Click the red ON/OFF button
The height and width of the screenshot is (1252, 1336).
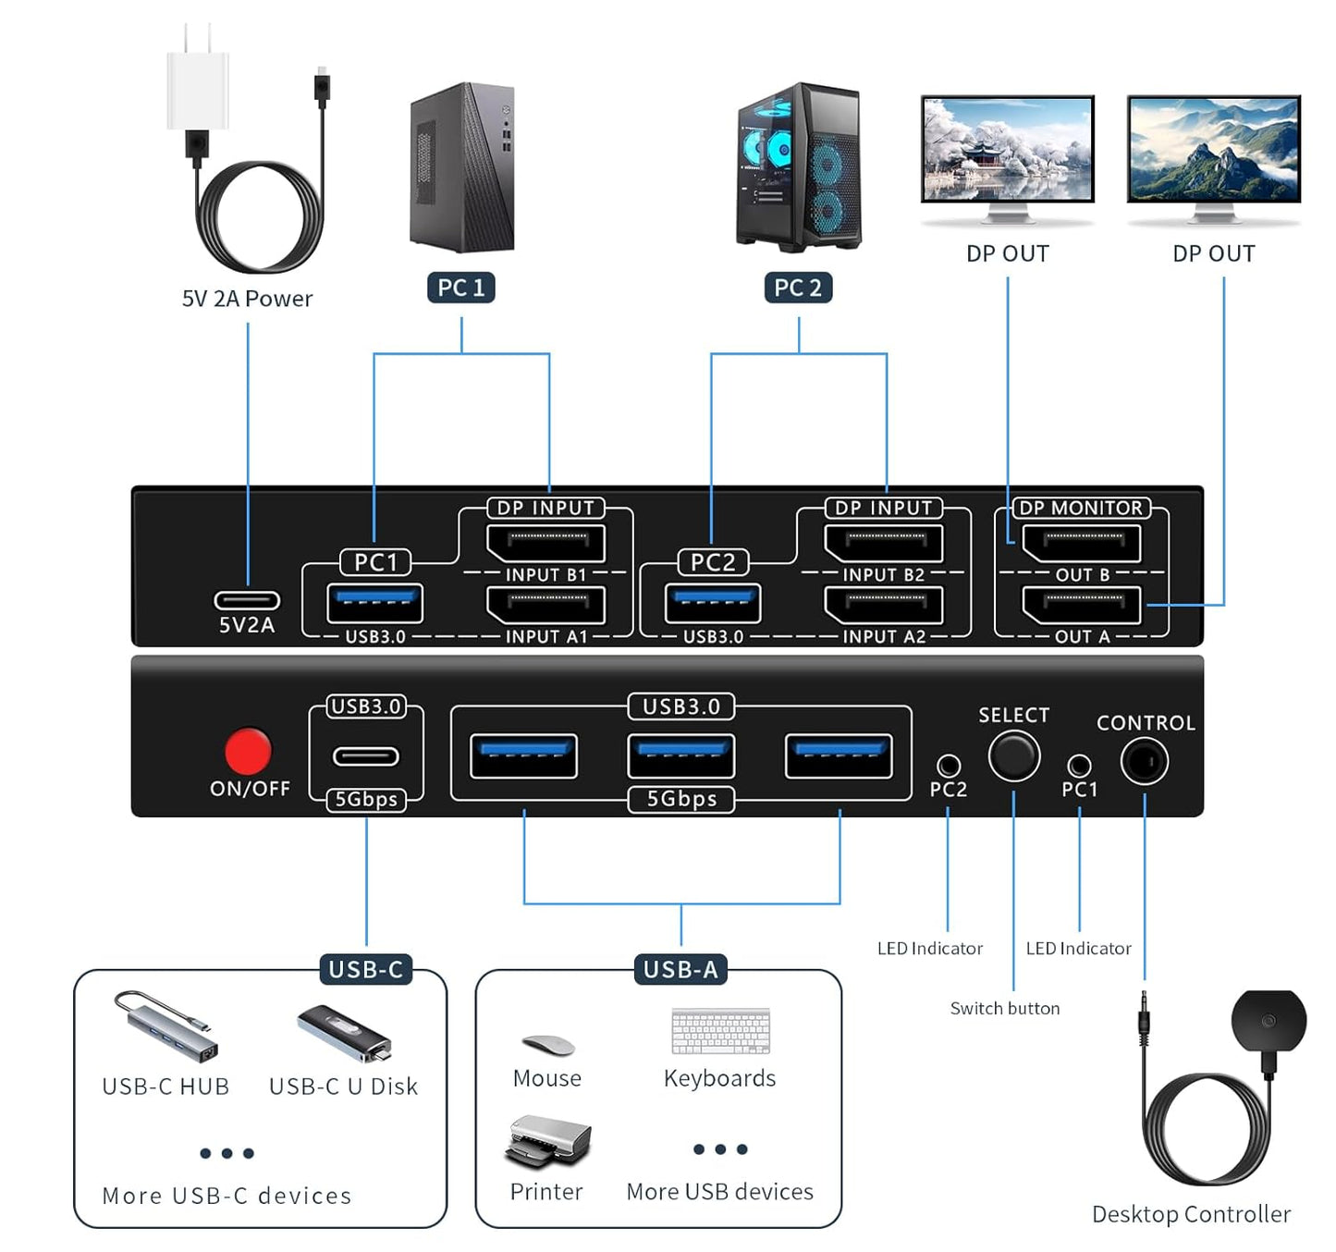tap(248, 750)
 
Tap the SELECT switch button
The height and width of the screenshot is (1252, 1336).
tap(1013, 755)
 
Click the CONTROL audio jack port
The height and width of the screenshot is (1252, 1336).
tap(1144, 762)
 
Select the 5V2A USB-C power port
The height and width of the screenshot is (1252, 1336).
tap(247, 600)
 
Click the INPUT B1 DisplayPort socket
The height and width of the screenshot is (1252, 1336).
tap(546, 543)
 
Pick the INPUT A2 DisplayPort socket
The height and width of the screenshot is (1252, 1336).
tap(884, 606)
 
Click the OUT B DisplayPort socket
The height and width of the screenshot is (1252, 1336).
tap(1082, 543)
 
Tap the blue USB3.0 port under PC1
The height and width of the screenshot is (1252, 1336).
tap(374, 603)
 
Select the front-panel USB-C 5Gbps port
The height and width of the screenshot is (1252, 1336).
tap(366, 756)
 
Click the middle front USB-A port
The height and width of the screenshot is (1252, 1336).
tap(681, 755)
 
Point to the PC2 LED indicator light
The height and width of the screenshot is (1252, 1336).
tap(948, 766)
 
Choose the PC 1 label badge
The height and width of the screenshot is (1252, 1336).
tap(461, 288)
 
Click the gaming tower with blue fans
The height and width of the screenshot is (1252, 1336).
tap(799, 167)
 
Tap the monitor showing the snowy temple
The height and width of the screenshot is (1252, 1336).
tap(1008, 150)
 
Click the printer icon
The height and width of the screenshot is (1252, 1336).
tap(547, 1140)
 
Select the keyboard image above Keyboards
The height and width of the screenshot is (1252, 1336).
tap(720, 1031)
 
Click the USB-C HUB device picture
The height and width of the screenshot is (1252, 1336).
tap(165, 1026)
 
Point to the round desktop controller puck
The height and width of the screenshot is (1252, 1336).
tap(1269, 1022)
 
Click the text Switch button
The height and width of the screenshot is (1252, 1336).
tap(1005, 1008)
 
